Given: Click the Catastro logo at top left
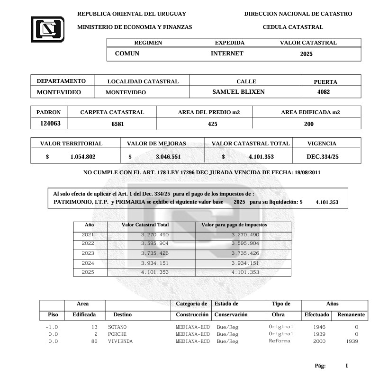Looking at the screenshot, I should (47, 29).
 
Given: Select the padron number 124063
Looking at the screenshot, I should (50, 124).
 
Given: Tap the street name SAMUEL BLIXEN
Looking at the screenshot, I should (238, 92).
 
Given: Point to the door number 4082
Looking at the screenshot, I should (324, 92).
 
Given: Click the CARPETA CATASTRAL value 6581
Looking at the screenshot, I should (112, 124).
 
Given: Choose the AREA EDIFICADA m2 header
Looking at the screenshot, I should (310, 112).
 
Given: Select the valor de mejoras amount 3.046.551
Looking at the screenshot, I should (168, 156).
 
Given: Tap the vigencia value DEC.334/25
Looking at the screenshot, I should (322, 156).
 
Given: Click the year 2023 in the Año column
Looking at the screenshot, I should (88, 253).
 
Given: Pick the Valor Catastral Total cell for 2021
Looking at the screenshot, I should (155, 235).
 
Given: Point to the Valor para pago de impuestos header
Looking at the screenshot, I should (234, 225).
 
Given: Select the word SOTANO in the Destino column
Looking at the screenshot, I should (117, 327).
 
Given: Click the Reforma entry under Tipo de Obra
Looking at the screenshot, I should (280, 341).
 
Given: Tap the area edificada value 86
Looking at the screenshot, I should (94, 341).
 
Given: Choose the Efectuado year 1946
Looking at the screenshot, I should (319, 327).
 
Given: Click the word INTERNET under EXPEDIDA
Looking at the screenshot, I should (227, 54).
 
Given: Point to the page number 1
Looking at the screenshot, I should (347, 366).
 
